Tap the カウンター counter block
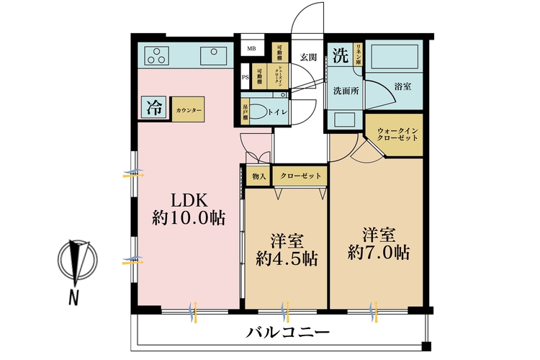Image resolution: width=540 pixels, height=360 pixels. (188, 109)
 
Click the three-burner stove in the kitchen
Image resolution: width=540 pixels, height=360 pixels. (157, 55)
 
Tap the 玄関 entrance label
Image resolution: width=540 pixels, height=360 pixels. (308, 57)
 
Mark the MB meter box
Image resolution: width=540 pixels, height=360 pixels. (251, 49)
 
